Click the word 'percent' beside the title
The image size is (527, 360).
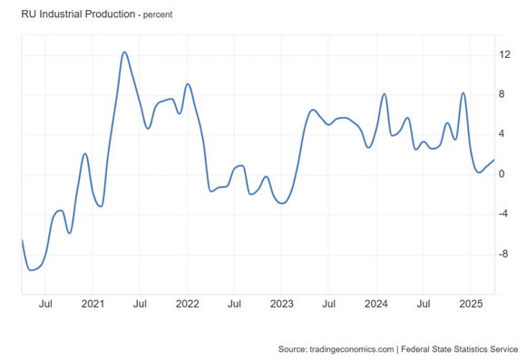click(153, 15)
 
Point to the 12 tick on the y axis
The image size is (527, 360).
click(505, 54)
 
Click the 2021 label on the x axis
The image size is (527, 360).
click(93, 304)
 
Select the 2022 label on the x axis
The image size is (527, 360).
click(187, 304)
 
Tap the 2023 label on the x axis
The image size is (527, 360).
click(281, 304)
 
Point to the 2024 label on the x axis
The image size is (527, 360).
click(376, 304)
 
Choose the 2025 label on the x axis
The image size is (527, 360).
click(470, 304)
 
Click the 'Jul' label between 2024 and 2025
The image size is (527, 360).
click(423, 304)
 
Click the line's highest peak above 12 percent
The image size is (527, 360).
click(124, 52)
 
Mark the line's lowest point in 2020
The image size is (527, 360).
click(31, 269)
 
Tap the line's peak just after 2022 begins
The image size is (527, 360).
click(187, 84)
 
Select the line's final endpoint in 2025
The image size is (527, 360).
click(494, 159)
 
